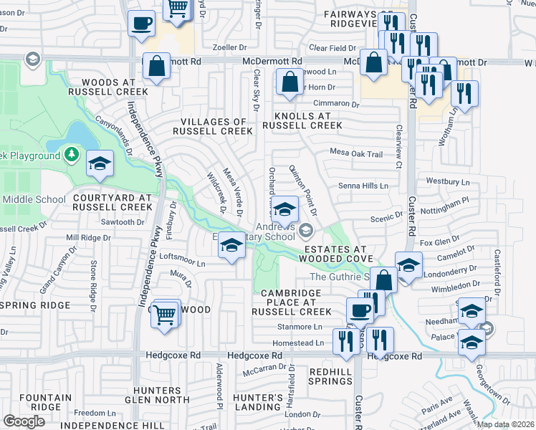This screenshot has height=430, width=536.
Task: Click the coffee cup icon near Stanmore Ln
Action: click(360, 310)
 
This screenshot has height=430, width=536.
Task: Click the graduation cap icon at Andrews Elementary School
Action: click(285, 210)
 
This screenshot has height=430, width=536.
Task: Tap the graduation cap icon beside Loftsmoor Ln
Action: click(231, 246)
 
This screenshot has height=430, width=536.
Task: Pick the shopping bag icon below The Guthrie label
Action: click(384, 280)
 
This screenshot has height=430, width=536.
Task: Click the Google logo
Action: click(24, 421)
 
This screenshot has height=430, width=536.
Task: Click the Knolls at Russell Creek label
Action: click(302, 120)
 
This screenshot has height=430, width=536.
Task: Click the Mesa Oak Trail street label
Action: click(356, 153)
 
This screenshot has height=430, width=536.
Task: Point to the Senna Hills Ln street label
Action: click(363, 186)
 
